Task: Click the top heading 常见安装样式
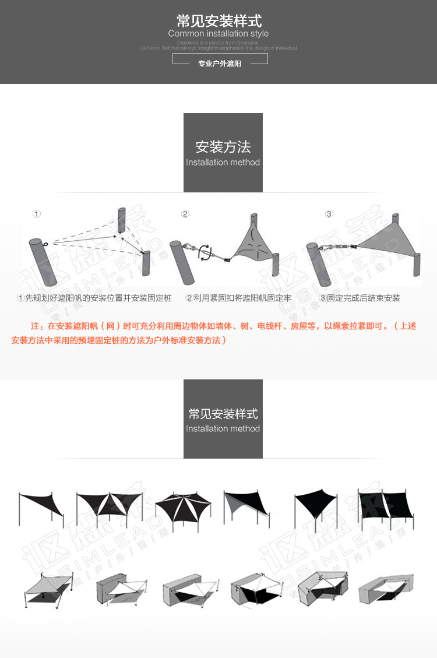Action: point(218,22)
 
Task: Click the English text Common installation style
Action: point(218,34)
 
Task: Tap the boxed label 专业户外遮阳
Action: point(220,64)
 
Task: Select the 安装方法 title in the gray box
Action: point(223,147)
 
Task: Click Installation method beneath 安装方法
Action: point(223,162)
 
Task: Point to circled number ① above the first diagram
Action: point(37,214)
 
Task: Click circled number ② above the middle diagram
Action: point(185,214)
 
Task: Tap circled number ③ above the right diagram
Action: point(329,214)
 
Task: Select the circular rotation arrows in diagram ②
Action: point(205,252)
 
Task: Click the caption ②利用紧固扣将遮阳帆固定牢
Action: point(238,298)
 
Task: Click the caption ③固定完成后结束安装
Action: point(360,298)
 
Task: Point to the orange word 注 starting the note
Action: point(34,326)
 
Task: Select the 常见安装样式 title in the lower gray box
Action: point(223,414)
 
